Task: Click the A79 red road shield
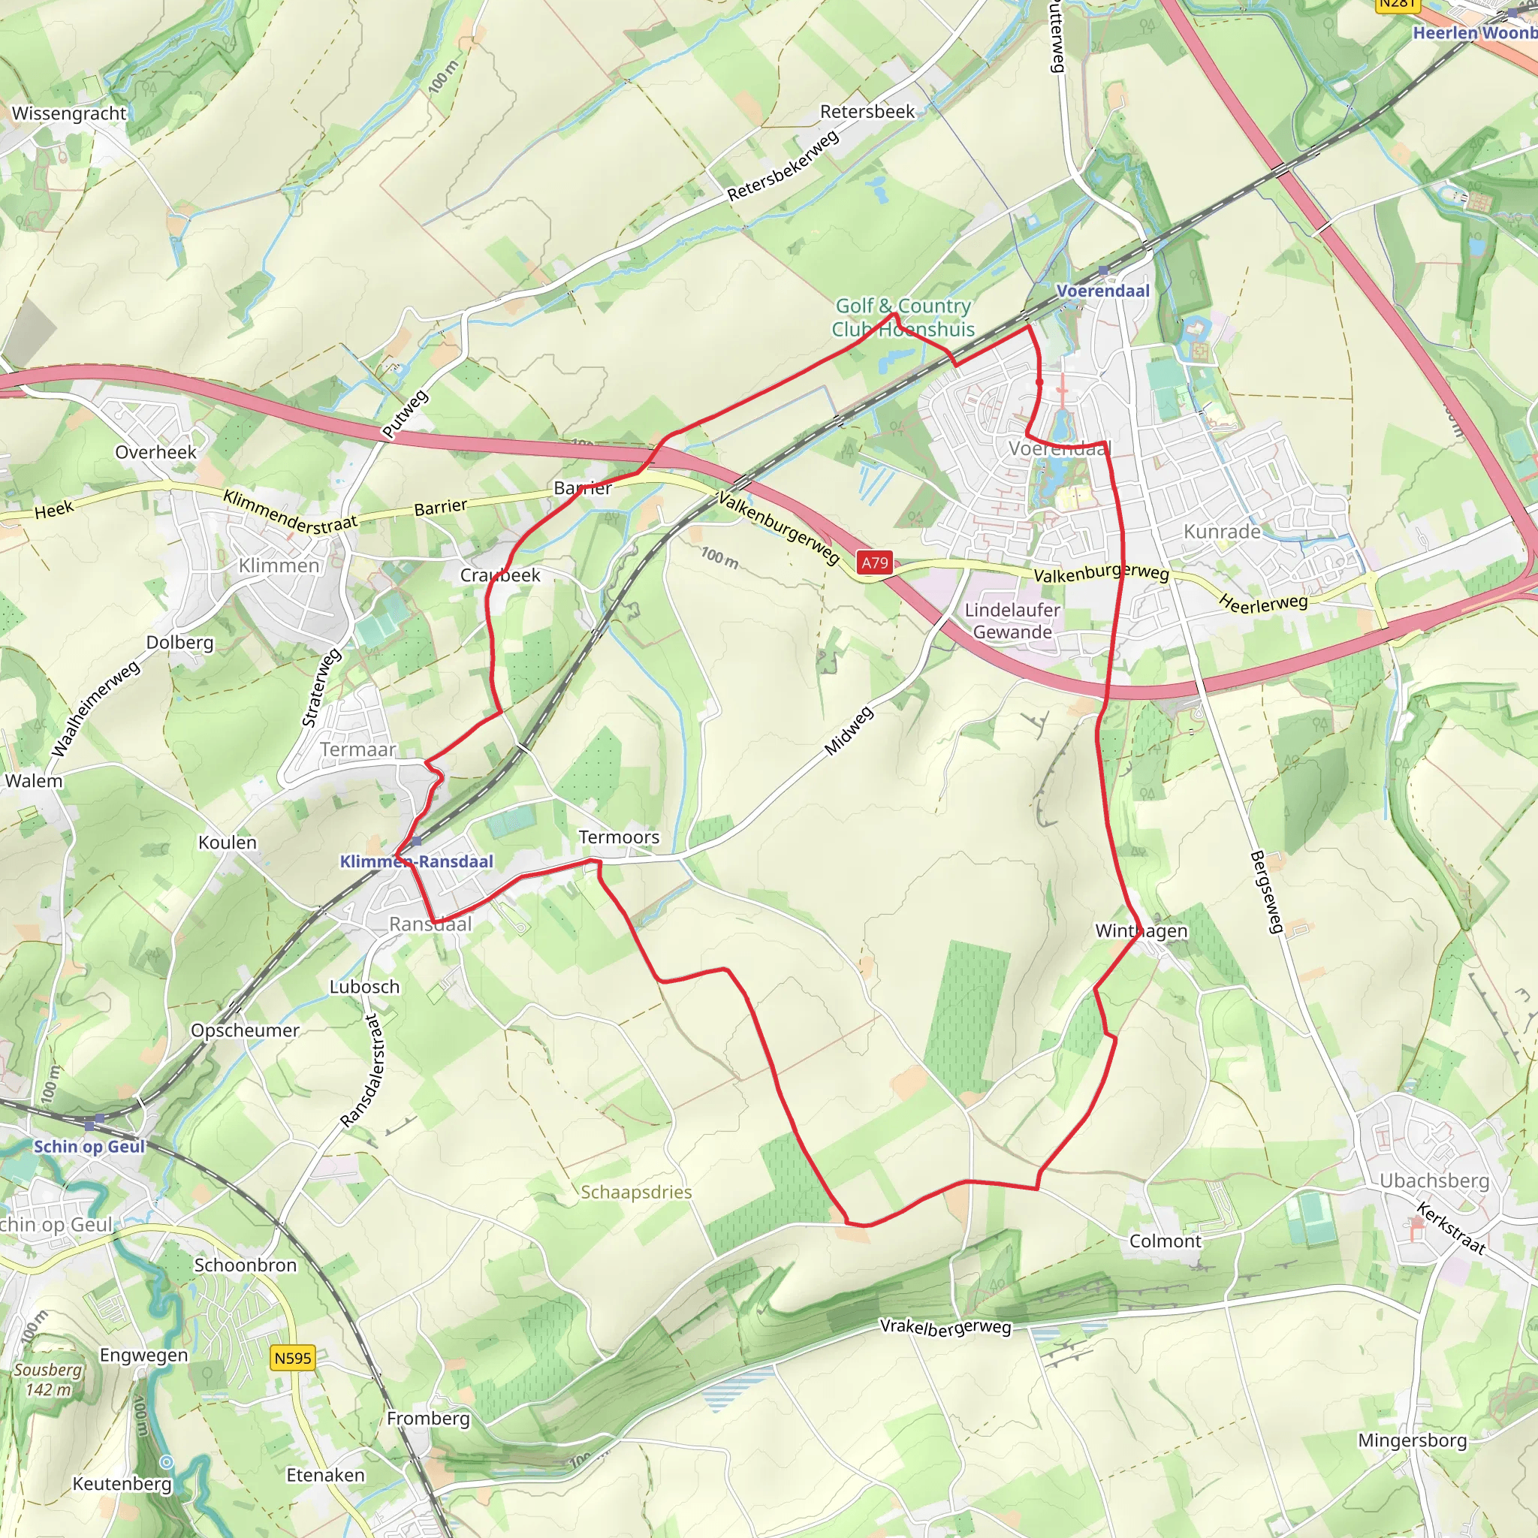pos(874,562)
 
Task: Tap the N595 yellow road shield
pos(293,1357)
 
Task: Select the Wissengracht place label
pos(68,113)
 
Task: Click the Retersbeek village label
pos(867,111)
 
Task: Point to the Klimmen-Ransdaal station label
pos(416,861)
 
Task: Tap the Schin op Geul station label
pos(89,1145)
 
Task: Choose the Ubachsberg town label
pos(1434,1181)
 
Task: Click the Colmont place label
pos(1165,1241)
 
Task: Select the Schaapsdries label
pos(636,1192)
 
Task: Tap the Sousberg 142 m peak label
pos(48,1380)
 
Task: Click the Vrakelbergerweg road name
pos(945,1327)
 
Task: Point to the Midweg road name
pos(849,731)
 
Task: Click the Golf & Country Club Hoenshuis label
pos(903,317)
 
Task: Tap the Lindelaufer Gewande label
pos(1012,621)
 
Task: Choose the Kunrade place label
pos(1222,531)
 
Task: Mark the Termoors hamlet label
pos(619,837)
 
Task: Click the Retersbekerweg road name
pos(783,165)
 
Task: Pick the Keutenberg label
pos(122,1483)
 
